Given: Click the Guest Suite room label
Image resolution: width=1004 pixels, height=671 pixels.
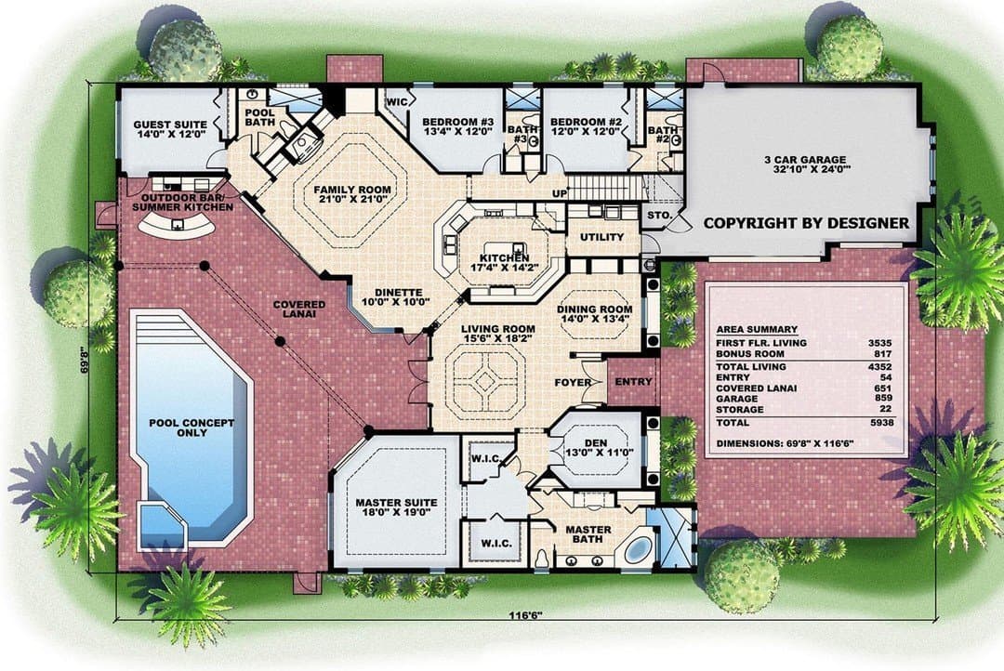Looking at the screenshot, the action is click(170, 129).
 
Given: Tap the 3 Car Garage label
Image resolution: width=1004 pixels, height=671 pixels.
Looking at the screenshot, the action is click(804, 164).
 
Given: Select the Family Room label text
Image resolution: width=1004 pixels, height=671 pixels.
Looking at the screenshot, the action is click(351, 194).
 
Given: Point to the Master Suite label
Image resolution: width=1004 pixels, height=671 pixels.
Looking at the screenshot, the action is click(396, 507).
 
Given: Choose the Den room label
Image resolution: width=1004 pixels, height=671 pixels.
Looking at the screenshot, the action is click(600, 448).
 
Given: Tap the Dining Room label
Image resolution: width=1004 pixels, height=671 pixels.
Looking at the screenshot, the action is click(595, 314).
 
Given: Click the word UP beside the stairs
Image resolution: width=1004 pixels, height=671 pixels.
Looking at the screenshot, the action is click(560, 192).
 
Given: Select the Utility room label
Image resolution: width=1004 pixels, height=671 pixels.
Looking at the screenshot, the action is click(601, 237).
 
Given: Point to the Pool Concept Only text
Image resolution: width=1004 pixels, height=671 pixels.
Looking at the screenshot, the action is click(192, 428).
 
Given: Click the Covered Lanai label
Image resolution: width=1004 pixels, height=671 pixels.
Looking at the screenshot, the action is click(299, 309).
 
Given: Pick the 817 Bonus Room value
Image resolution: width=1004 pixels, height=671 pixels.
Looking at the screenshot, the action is click(883, 353).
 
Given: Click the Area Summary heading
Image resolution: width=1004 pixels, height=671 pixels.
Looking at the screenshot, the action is click(757, 329).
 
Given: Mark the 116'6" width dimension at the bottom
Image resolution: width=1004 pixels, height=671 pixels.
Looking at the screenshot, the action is click(525, 616).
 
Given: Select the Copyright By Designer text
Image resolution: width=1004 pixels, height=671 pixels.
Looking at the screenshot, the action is click(806, 223).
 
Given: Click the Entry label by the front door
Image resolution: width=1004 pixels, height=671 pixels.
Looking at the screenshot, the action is click(633, 382).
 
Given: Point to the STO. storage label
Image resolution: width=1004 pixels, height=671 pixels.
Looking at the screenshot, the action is click(660, 216).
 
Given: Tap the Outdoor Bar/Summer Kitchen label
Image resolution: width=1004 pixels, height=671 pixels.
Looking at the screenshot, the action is click(182, 203).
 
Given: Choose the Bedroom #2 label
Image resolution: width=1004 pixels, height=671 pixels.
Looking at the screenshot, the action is click(587, 126).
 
